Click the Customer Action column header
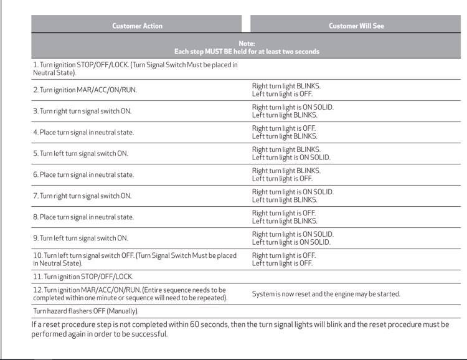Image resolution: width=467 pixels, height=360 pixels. (x=137, y=26)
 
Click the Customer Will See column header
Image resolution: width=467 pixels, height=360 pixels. (x=356, y=26)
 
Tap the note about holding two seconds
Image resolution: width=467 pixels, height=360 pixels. (x=247, y=47)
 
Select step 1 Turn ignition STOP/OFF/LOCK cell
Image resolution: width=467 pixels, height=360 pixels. (x=135, y=69)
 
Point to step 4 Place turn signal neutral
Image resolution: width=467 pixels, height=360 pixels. (x=83, y=132)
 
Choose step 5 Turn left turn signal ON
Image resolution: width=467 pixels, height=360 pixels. (x=80, y=153)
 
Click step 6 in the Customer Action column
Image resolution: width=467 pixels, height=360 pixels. (x=83, y=174)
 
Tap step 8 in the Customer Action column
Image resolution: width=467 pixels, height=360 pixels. (x=83, y=217)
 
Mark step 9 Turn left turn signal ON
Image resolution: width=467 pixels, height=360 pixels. (x=80, y=238)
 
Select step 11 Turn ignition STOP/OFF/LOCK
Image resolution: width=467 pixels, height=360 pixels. (x=83, y=276)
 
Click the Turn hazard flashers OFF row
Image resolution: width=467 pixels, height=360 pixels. (x=86, y=311)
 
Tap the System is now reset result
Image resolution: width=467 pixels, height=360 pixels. (x=326, y=293)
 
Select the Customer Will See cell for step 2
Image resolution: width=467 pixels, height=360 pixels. (x=286, y=90)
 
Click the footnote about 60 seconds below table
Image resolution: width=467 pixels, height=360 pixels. (x=240, y=329)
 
